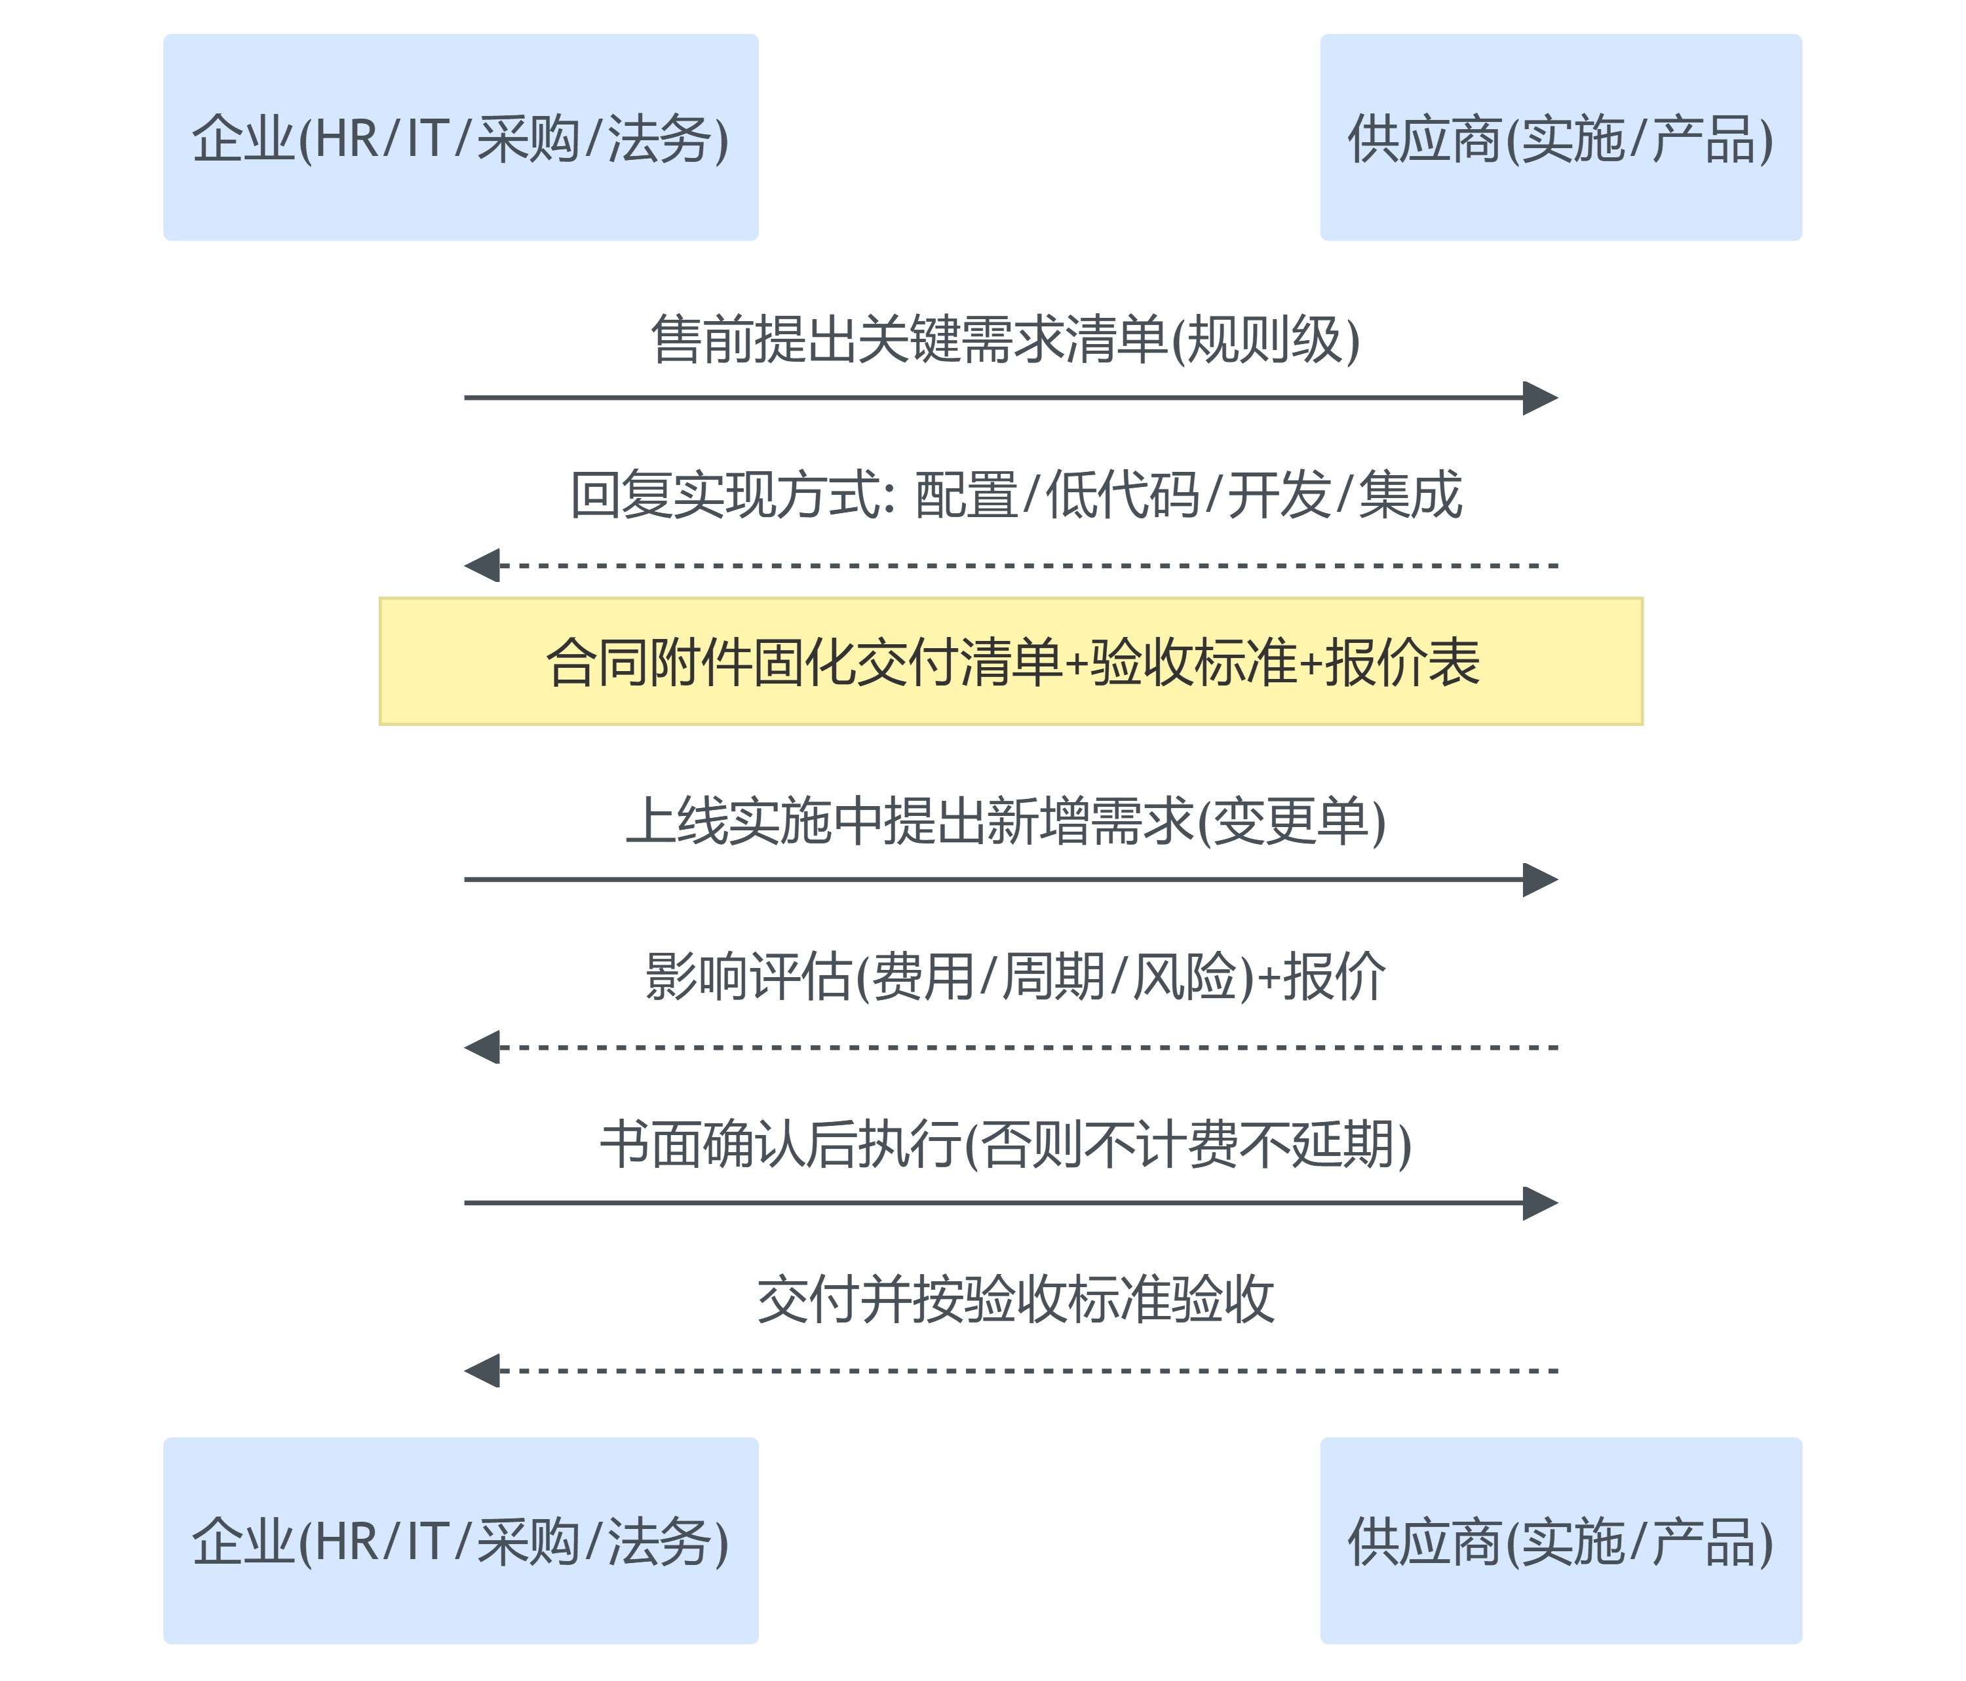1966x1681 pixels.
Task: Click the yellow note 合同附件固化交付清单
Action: coord(1011,661)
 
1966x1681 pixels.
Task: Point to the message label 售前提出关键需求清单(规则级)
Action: coord(1006,339)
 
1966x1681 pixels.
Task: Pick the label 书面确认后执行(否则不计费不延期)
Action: coord(1006,1144)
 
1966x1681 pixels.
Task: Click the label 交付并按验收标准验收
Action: coord(1015,1299)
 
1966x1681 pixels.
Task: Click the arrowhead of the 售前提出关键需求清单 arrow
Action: coord(1540,398)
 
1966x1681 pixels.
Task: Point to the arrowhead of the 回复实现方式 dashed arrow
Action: coord(483,566)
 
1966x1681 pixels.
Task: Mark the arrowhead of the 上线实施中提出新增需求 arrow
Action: coord(1540,879)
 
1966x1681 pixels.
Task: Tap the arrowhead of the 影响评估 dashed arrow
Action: coord(483,1047)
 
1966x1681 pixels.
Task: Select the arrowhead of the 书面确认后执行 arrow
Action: coord(1540,1203)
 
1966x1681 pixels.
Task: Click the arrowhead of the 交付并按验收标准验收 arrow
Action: coord(483,1371)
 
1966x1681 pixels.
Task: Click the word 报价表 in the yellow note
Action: coord(1402,661)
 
